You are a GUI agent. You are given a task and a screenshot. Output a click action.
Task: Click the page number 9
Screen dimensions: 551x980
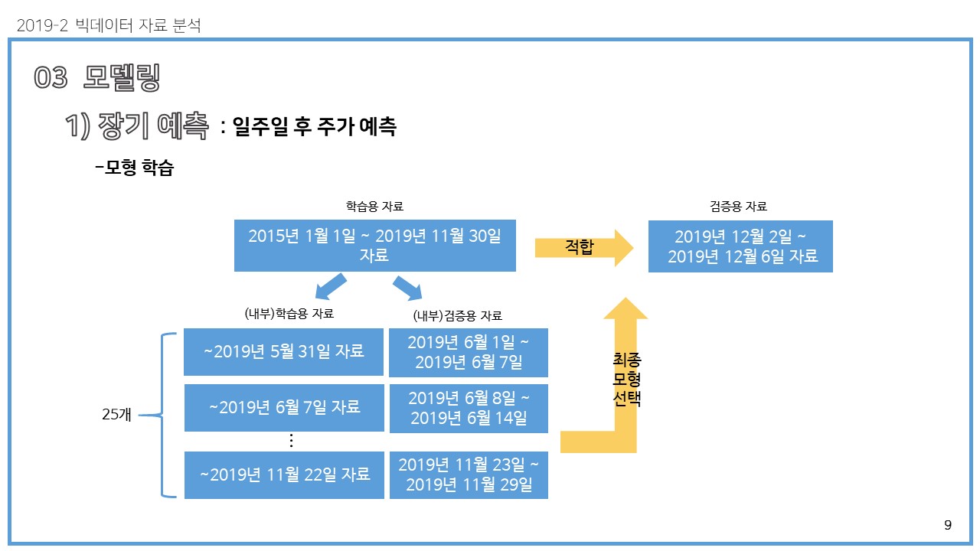click(948, 525)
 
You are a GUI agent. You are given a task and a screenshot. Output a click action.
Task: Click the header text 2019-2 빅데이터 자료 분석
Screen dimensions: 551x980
click(108, 26)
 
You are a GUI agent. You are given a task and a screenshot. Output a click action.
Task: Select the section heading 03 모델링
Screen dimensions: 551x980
click(97, 78)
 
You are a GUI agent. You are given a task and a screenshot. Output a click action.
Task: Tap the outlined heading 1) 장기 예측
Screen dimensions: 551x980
click(137, 126)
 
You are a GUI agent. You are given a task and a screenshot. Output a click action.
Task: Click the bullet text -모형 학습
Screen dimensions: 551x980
click(135, 168)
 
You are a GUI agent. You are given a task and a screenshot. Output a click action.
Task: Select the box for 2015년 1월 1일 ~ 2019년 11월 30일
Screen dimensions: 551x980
click(374, 246)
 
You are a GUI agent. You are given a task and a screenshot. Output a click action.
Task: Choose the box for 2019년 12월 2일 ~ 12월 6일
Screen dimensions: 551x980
click(740, 246)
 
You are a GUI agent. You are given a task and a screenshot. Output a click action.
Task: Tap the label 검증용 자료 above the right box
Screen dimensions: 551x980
click(738, 206)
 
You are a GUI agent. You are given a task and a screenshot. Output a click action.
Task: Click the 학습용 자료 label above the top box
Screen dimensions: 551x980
click(374, 206)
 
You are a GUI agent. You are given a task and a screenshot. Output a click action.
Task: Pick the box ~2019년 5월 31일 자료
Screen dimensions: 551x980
click(283, 352)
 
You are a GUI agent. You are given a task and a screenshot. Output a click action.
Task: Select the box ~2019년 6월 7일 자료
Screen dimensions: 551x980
click(284, 407)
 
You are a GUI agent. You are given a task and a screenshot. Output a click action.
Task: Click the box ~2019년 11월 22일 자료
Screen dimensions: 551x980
click(284, 474)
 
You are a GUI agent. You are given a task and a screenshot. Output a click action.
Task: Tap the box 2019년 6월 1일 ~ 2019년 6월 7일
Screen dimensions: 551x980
click(469, 352)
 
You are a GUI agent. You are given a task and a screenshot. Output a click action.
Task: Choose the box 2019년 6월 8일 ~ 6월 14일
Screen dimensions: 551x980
click(469, 408)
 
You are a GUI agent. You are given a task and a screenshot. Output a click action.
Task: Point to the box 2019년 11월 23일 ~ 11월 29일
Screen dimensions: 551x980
click(469, 474)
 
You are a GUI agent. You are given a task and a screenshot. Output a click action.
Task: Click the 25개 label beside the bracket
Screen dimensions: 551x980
click(117, 415)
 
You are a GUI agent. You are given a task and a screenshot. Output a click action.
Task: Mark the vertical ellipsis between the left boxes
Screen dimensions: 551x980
click(291, 441)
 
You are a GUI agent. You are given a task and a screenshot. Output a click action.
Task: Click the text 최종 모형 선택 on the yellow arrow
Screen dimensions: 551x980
click(627, 379)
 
